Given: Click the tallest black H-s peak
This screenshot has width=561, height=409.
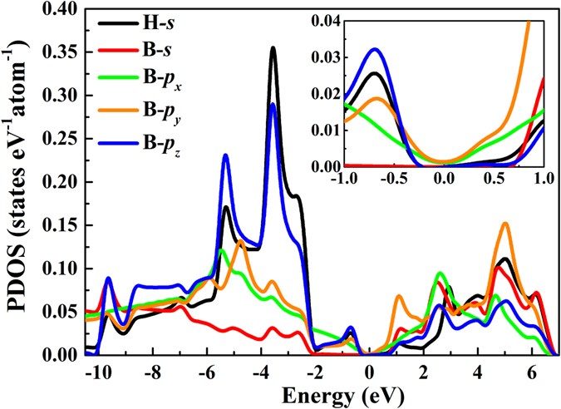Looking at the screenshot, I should pyautogui.click(x=273, y=48).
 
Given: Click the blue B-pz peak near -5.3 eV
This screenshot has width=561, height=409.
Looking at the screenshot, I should pyautogui.click(x=225, y=155).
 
